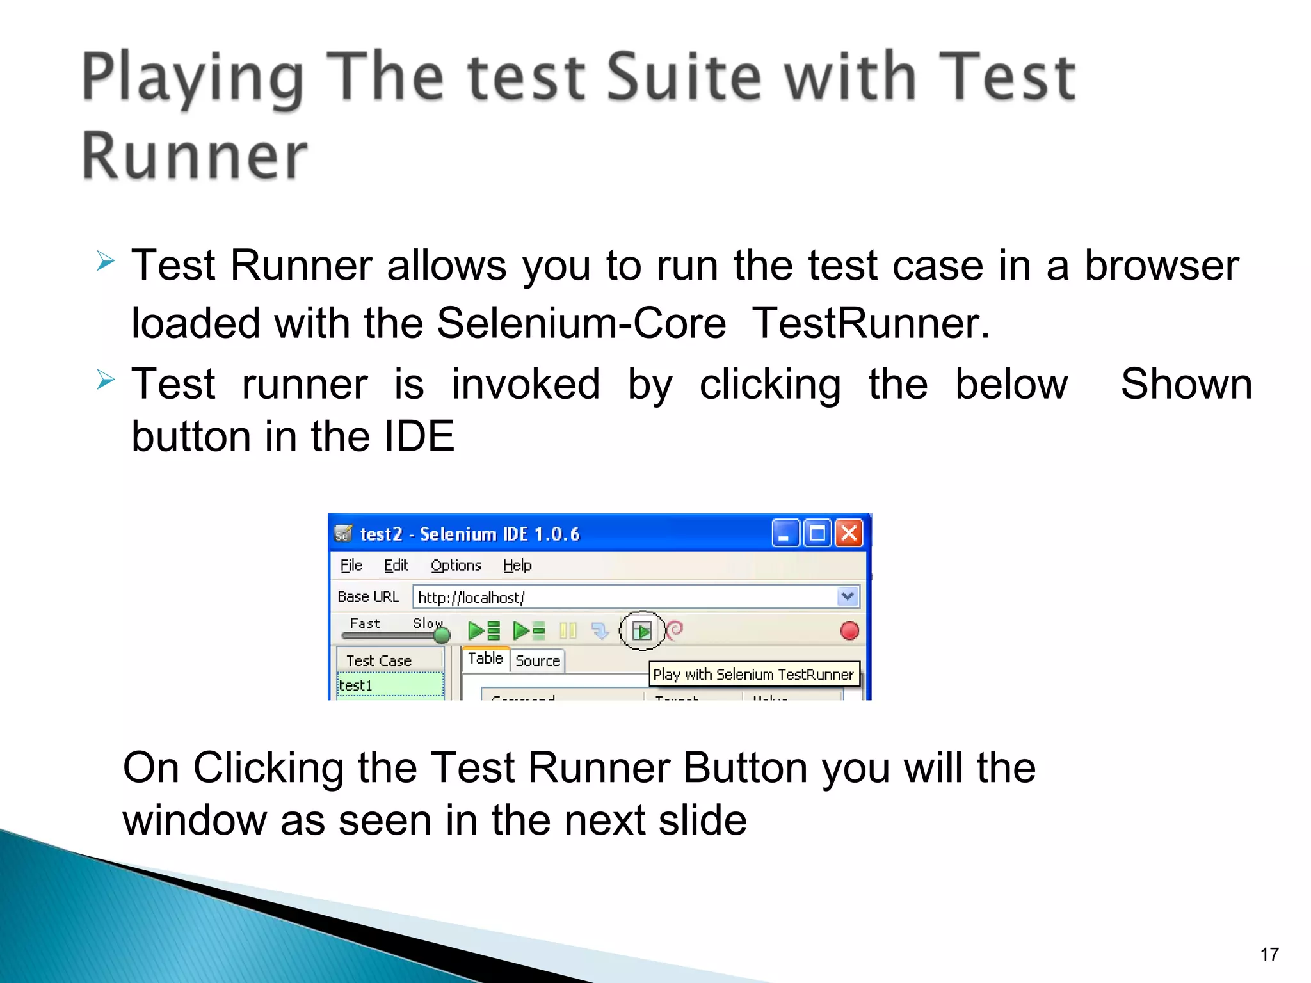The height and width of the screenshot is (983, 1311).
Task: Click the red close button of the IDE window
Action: pyautogui.click(x=849, y=533)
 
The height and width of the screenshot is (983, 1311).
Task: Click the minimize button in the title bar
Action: pyautogui.click(x=785, y=533)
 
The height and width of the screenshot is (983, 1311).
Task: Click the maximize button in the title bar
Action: pyautogui.click(x=817, y=533)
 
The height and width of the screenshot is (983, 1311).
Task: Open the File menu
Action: pyautogui.click(x=351, y=565)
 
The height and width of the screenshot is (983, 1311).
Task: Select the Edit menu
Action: pyautogui.click(x=396, y=565)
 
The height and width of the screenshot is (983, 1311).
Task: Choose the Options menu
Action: pyautogui.click(x=455, y=565)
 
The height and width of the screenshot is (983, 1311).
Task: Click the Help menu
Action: pyautogui.click(x=517, y=565)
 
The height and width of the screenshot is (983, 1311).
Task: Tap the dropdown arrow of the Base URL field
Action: pyautogui.click(x=848, y=596)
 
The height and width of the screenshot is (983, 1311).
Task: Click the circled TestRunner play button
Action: pyautogui.click(x=641, y=631)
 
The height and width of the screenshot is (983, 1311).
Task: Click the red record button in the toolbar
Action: pyautogui.click(x=849, y=631)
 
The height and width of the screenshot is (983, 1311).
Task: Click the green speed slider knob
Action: pyautogui.click(x=442, y=635)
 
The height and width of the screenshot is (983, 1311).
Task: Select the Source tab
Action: pyautogui.click(x=537, y=660)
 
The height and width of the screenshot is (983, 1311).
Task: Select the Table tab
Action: pyautogui.click(x=485, y=659)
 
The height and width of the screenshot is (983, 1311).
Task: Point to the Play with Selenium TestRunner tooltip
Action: pyautogui.click(x=753, y=675)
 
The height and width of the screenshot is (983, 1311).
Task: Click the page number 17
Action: pyautogui.click(x=1269, y=954)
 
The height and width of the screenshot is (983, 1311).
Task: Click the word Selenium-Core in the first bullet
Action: pyautogui.click(x=581, y=323)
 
